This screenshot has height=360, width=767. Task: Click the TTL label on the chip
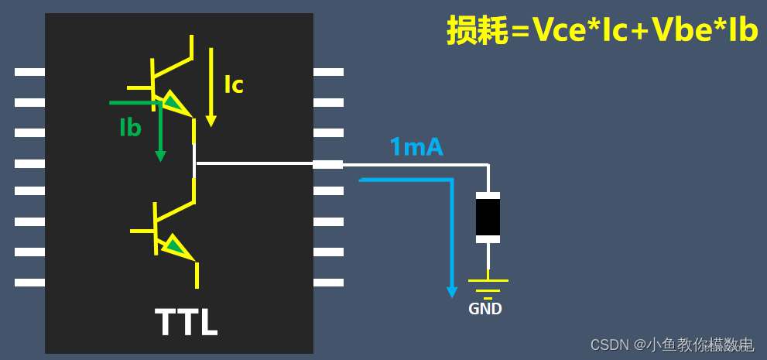[x=186, y=322]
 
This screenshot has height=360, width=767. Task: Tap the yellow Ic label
[x=234, y=84]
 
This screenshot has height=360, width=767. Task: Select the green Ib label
[x=130, y=128]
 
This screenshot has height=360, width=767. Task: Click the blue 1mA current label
[x=416, y=147]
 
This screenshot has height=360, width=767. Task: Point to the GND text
[x=485, y=309]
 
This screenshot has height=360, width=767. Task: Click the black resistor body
[x=488, y=218]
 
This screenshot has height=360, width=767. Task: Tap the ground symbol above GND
[x=488, y=286]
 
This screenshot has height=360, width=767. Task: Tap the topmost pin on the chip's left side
[x=29, y=72]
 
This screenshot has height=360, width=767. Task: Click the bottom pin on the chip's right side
[x=328, y=283]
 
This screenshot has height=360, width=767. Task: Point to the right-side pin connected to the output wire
[x=328, y=164]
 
